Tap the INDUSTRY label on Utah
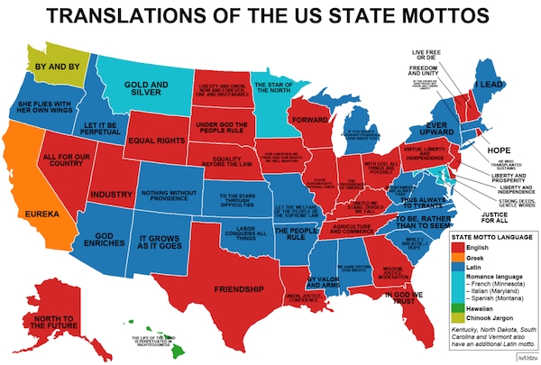pyautogui.click(x=113, y=194)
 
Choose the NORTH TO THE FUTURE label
pyautogui.click(x=50, y=323)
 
